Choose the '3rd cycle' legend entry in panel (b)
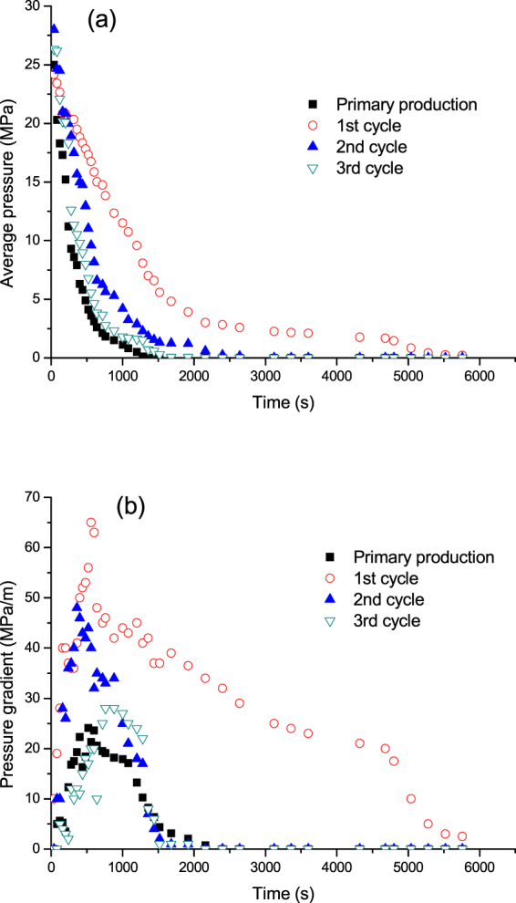(387, 620)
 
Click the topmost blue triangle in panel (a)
(54, 29)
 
